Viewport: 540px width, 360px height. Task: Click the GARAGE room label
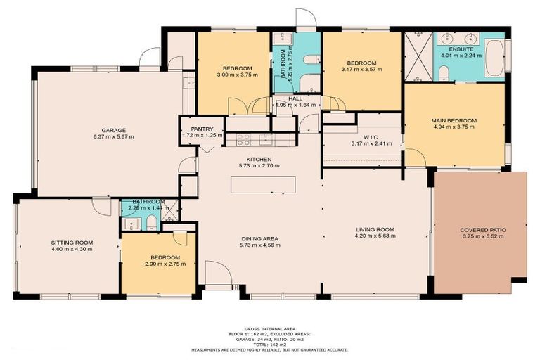112,130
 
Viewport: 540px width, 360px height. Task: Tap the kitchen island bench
264,184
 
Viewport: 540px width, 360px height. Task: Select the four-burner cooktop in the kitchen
244,139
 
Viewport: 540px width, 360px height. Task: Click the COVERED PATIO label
483,230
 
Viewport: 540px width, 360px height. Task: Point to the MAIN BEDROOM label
454,121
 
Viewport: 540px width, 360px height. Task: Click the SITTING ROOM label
72,243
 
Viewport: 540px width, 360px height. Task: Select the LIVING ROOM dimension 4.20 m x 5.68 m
374,237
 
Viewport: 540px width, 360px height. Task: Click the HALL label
295,99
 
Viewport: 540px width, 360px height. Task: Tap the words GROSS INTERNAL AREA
269,328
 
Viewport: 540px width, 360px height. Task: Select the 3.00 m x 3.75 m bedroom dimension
233,75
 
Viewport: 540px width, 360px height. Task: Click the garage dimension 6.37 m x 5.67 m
112,137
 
